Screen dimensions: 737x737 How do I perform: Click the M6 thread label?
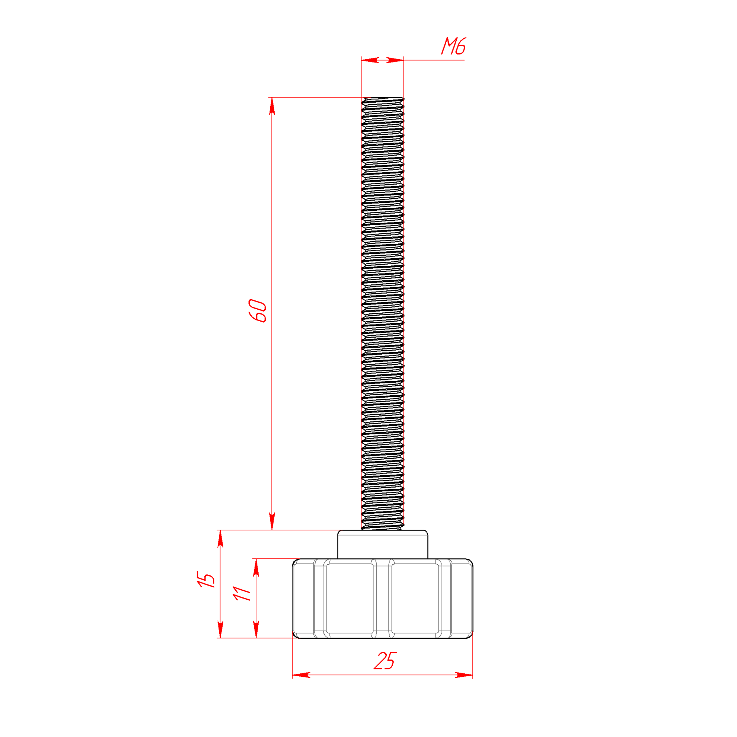454,46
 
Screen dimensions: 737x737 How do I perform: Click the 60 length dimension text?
258,311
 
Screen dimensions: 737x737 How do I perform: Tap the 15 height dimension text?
206,579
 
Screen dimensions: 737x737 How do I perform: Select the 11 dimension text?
242,593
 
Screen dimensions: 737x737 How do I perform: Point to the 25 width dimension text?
385,661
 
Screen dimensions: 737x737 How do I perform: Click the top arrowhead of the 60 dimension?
272,106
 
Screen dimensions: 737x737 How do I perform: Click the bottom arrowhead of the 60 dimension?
272,521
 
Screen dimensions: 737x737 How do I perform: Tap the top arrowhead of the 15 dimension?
220,539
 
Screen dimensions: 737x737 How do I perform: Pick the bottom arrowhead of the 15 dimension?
220,629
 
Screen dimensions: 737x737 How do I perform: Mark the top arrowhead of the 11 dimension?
256,567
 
